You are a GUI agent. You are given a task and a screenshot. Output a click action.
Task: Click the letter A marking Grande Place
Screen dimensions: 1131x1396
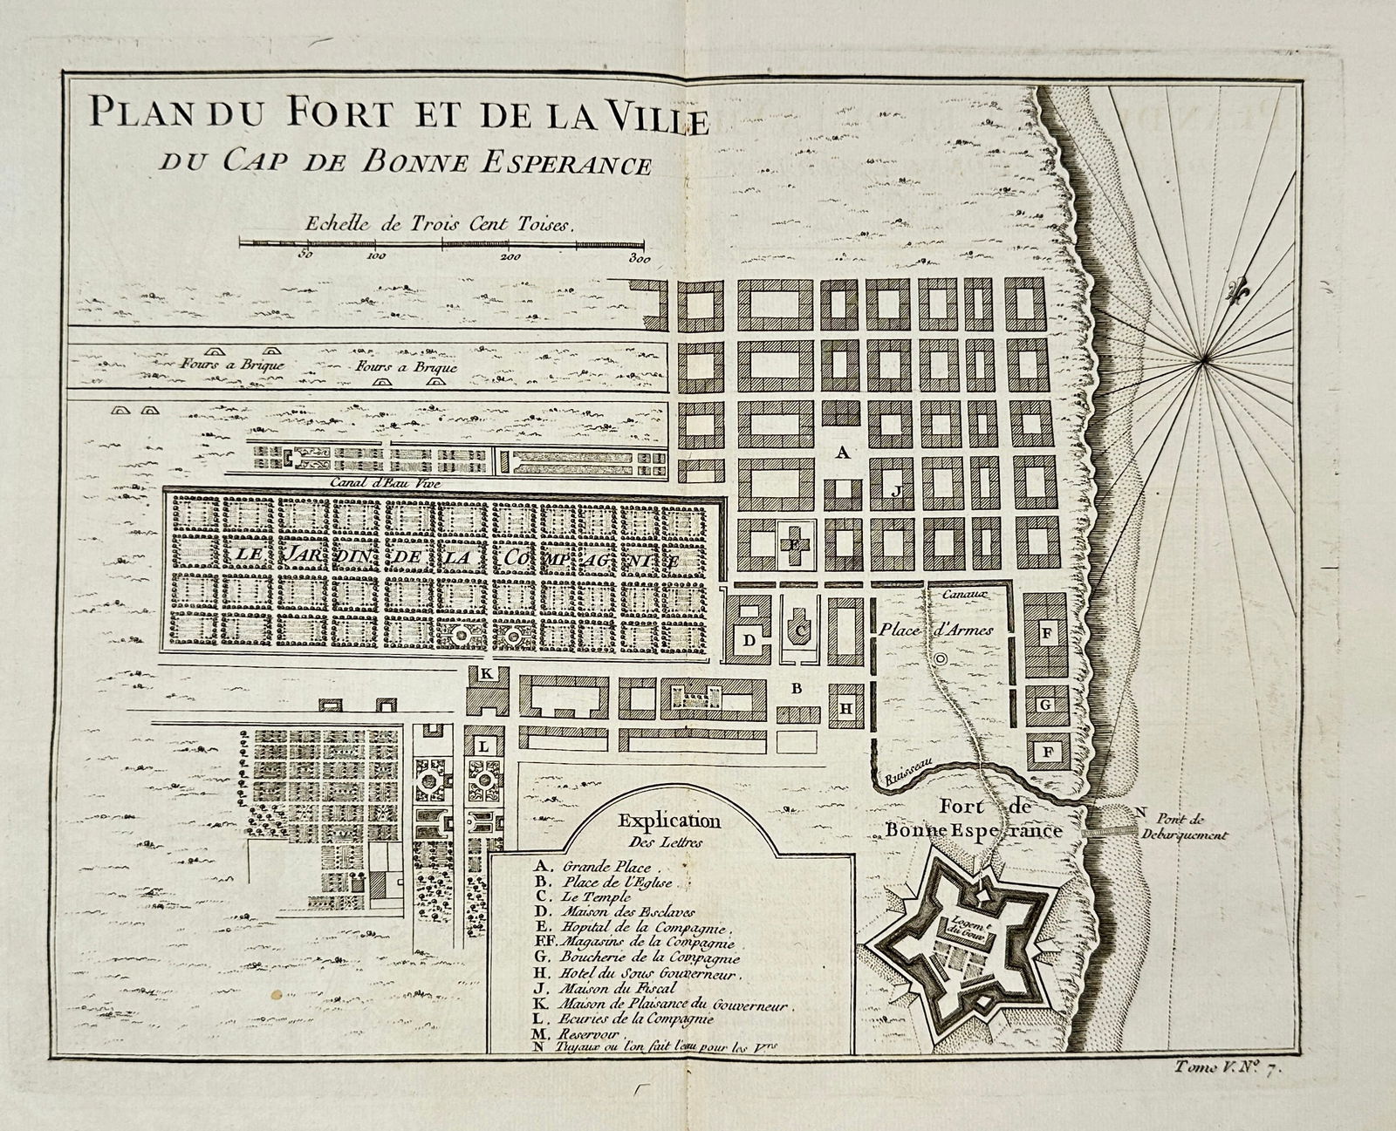click(x=841, y=453)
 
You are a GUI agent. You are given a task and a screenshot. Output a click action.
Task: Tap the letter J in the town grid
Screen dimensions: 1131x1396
click(x=895, y=491)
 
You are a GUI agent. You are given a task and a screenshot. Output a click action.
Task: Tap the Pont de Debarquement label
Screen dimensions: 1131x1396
click(x=1182, y=826)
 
